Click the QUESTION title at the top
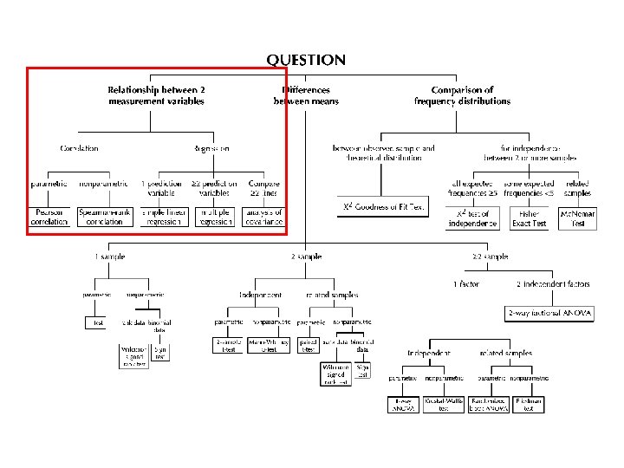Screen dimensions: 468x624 (305, 61)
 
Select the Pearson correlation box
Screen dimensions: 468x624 (49, 217)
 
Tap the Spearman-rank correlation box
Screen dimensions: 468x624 (105, 217)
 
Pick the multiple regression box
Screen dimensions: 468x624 (215, 217)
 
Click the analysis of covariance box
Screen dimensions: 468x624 (263, 217)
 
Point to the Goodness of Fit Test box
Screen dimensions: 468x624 (382, 208)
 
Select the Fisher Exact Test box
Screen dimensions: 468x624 (528, 218)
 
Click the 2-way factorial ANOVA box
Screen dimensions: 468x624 (549, 314)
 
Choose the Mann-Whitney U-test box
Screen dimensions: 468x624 (270, 344)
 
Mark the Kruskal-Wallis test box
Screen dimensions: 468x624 (444, 404)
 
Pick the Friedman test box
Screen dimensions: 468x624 (528, 404)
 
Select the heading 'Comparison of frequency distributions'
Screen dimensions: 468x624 (462, 95)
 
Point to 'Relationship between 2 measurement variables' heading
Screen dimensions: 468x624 (156, 95)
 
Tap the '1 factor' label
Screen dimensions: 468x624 (465, 284)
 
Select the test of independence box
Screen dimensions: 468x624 (472, 218)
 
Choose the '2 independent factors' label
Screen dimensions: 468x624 (553, 284)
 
